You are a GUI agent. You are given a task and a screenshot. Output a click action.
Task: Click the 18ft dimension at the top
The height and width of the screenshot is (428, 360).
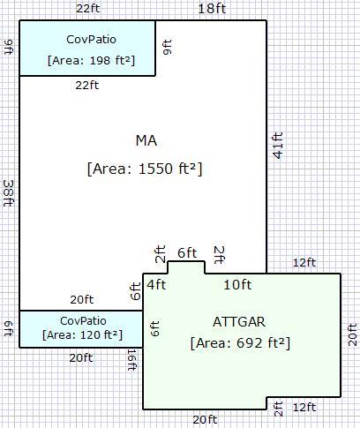pyautogui.click(x=212, y=8)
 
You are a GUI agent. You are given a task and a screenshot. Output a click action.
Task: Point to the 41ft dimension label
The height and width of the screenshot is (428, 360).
pyautogui.click(x=278, y=146)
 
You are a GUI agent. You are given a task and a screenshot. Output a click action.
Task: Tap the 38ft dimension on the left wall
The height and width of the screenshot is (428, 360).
pyautogui.click(x=9, y=193)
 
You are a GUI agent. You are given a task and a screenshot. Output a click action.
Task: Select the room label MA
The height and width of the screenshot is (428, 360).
pyautogui.click(x=146, y=141)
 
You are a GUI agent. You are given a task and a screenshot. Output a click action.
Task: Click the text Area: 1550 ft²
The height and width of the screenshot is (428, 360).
pyautogui.click(x=145, y=169)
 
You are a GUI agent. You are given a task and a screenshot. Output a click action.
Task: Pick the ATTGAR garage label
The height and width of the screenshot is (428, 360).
pyautogui.click(x=239, y=322)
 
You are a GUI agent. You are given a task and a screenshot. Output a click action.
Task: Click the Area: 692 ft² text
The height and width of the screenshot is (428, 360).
pyautogui.click(x=240, y=343)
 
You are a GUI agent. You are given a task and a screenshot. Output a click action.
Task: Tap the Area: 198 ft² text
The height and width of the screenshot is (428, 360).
pyautogui.click(x=91, y=61)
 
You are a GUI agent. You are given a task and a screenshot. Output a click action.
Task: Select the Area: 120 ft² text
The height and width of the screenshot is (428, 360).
pyautogui.click(x=82, y=335)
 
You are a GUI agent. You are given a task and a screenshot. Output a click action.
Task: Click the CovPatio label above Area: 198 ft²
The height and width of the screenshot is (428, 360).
pyautogui.click(x=91, y=40)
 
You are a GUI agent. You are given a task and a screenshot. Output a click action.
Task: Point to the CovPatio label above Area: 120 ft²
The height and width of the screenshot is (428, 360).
pyautogui.click(x=83, y=321)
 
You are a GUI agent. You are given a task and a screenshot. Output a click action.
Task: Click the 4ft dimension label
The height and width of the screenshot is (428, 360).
pyautogui.click(x=156, y=285)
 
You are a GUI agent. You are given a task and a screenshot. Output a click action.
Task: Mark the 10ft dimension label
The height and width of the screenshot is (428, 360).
pyautogui.click(x=237, y=285)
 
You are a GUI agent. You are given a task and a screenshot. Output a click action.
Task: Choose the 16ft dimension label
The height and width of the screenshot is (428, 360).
pyautogui.click(x=131, y=360)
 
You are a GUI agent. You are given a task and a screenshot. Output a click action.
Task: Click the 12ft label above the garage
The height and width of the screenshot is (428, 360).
pyautogui.click(x=304, y=262)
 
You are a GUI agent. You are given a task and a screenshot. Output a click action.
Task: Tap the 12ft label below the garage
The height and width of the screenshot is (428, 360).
pyautogui.click(x=304, y=408)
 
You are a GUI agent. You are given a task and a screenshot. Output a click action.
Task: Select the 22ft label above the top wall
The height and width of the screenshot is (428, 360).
pyautogui.click(x=88, y=8)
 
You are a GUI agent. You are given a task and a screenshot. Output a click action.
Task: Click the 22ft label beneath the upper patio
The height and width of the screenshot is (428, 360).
pyautogui.click(x=87, y=86)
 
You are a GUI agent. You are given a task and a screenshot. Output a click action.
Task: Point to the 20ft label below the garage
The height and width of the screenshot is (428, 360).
pyautogui.click(x=205, y=419)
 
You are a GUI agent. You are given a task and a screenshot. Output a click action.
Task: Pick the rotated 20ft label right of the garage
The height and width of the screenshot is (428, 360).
pyautogui.click(x=353, y=334)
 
